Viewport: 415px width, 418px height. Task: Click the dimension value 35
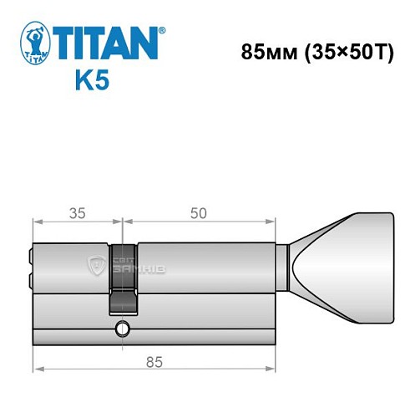[77, 214]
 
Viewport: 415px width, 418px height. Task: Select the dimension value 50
[198, 214]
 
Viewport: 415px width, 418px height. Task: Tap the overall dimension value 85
[154, 362]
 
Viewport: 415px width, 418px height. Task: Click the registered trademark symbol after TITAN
[161, 29]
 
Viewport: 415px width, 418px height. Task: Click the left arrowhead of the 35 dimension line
[37, 222]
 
